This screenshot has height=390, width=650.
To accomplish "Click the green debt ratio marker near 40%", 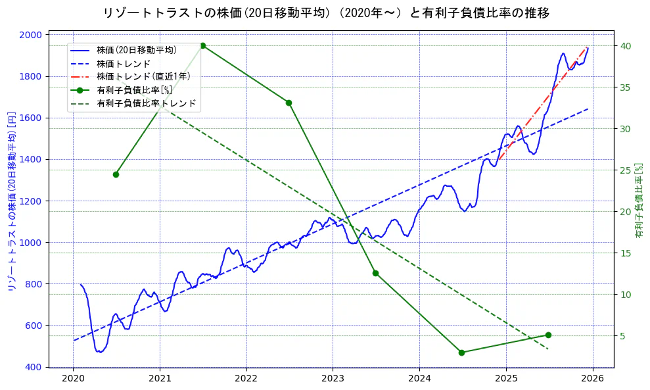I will point(202,45).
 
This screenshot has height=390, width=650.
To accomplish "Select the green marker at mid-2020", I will point(116,174).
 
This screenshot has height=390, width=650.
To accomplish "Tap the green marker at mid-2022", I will point(289,103).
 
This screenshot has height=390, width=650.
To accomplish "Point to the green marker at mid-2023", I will point(375,273).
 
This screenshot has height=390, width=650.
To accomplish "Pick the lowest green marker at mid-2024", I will point(461,353).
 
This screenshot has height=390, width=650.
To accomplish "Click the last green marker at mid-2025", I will point(548,335).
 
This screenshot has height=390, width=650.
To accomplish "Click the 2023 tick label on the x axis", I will point(333,379).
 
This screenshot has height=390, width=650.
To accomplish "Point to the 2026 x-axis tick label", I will point(593,379).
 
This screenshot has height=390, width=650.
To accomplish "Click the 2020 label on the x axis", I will point(73,379).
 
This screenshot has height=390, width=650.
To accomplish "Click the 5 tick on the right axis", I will point(622,336).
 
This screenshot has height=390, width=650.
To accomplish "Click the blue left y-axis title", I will point(11,201).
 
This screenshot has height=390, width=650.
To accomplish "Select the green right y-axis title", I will point(638,201).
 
